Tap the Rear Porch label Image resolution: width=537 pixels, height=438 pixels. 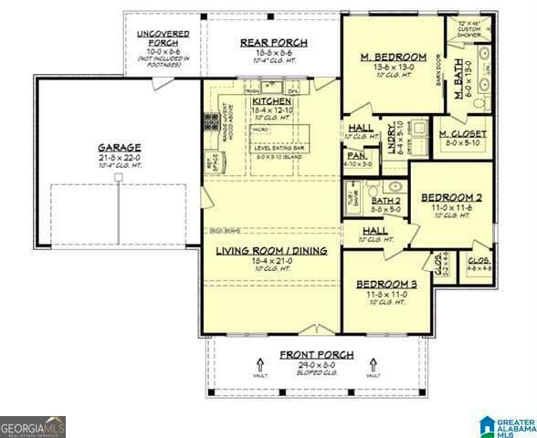pyautogui.click(x=273, y=43)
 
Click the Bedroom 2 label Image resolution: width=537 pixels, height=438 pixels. pyautogui.click(x=451, y=198)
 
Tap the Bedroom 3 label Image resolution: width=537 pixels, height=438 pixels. pyautogui.click(x=386, y=284)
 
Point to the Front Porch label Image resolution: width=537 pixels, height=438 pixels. pyautogui.click(x=311, y=354)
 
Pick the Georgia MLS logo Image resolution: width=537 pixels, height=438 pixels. pyautogui.click(x=33, y=426)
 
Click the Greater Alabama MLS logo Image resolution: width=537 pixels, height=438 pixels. pyautogui.click(x=507, y=424)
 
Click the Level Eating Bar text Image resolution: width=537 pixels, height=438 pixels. pyautogui.click(x=279, y=148)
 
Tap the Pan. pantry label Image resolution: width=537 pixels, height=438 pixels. pyautogui.click(x=357, y=155)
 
